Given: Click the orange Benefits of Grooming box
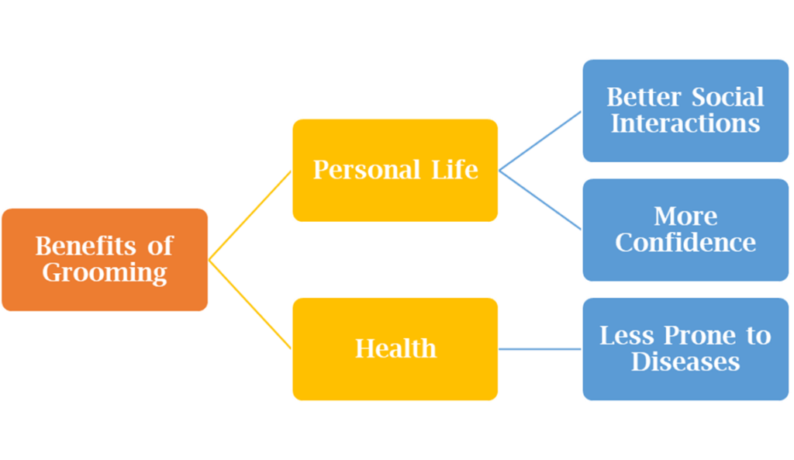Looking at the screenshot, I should pos(105,259).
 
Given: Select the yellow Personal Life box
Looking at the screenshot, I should pos(395,170).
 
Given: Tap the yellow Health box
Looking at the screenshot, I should pos(395,348).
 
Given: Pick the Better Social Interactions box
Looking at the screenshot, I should pos(685,110).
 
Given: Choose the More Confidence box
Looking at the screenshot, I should pos(685,230).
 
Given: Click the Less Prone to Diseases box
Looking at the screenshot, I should pos(685,348).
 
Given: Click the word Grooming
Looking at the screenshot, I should pos(105,273).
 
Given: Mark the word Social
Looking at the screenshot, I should pos(727,97).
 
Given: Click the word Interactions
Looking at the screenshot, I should pos(685,124).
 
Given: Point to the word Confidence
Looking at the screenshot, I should pos(685,243).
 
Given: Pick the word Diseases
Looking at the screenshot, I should pos(685,362).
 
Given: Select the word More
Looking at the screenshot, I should pos(685,216).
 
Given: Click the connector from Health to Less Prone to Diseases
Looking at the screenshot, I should pos(540,349).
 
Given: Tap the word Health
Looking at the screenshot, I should pos(395,349).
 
